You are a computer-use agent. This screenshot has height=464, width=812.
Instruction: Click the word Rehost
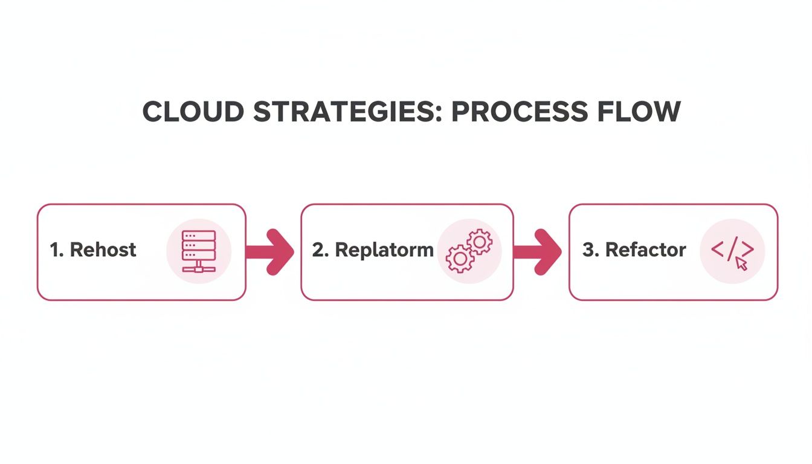pyautogui.click(x=103, y=250)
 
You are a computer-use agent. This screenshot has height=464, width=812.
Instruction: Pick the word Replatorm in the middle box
pyautogui.click(x=384, y=250)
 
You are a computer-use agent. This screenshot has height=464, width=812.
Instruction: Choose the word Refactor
pyautogui.click(x=645, y=250)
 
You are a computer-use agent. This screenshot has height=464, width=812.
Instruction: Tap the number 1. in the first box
pyautogui.click(x=57, y=250)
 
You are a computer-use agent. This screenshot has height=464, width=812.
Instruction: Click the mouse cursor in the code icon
pyautogui.click(x=742, y=264)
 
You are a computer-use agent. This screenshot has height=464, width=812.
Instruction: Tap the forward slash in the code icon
pyautogui.click(x=732, y=248)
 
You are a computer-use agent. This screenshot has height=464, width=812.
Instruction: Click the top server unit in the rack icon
pyautogui.click(x=198, y=236)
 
